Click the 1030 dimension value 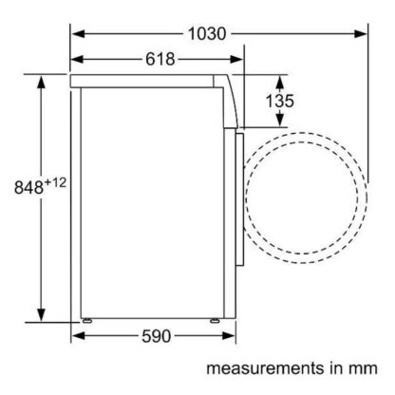(x=207, y=33)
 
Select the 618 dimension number (x=160, y=59)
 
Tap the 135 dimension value (x=279, y=101)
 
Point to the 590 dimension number (x=157, y=336)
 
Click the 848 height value (x=28, y=187)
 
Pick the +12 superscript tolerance (x=55, y=182)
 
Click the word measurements (x=265, y=368)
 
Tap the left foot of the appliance (x=86, y=321)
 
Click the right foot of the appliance (x=215, y=321)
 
